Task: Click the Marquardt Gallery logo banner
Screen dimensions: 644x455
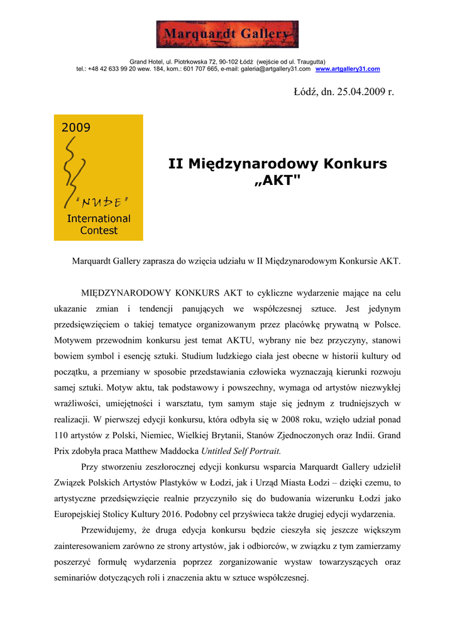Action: pyautogui.click(x=227, y=34)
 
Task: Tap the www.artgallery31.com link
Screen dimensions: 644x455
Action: pyautogui.click(x=348, y=69)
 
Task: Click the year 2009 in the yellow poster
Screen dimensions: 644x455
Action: pyautogui.click(x=75, y=127)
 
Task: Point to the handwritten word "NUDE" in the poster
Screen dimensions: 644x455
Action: pyautogui.click(x=101, y=202)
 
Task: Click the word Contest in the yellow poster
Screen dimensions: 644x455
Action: pyautogui.click(x=99, y=230)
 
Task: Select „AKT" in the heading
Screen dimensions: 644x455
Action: pyautogui.click(x=277, y=181)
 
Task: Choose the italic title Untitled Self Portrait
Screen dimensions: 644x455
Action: pyautogui.click(x=241, y=451)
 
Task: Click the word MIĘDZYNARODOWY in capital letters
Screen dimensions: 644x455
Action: pyautogui.click(x=126, y=292)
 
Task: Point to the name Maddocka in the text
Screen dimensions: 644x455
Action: pyautogui.click(x=177, y=451)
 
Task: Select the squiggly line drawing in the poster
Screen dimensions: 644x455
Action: pyautogui.click(x=72, y=170)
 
